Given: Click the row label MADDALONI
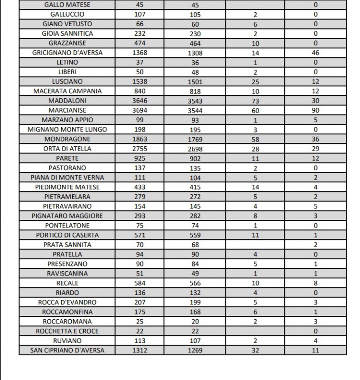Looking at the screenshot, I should [x=67, y=101].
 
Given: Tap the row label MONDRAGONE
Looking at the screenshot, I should [x=67, y=139].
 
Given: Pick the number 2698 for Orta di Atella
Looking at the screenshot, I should [x=195, y=149].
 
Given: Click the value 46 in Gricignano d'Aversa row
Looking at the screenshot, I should [x=315, y=53].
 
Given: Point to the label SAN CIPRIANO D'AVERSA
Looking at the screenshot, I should [x=67, y=351].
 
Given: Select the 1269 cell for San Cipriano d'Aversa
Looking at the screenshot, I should [x=195, y=351].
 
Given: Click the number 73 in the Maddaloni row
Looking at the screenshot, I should [x=255, y=101].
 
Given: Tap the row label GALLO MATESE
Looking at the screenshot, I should [x=67, y=5].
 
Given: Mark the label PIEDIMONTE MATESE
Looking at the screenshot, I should [x=67, y=187].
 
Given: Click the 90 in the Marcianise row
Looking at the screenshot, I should [x=315, y=110].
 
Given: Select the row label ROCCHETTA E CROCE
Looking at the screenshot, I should [x=67, y=331].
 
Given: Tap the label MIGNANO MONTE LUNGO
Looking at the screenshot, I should [x=67, y=130].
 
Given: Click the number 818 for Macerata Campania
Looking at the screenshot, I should [x=195, y=91].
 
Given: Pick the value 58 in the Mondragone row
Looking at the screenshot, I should [x=255, y=139].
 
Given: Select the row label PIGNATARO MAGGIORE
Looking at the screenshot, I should [x=67, y=216].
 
